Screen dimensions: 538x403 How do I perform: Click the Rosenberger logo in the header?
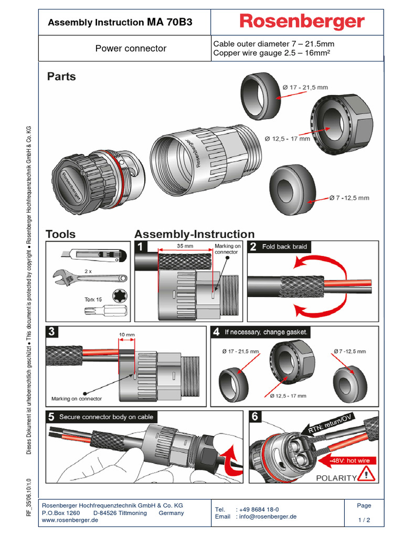(x=302, y=22)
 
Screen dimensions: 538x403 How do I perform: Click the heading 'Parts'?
(x=61, y=77)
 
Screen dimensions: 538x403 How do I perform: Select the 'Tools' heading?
(x=60, y=234)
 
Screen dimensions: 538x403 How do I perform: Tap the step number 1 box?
(x=140, y=247)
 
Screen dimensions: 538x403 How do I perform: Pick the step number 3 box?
(x=51, y=332)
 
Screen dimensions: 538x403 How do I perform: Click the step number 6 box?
(x=255, y=417)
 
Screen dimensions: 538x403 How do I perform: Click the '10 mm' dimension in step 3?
(x=126, y=334)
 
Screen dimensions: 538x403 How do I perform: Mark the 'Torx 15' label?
(x=93, y=299)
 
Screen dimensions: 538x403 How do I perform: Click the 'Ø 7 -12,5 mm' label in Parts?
(x=349, y=198)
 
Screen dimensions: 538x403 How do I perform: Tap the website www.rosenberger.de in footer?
(x=70, y=520)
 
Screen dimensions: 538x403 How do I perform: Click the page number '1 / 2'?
(x=364, y=520)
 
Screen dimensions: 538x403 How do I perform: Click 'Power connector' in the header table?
(x=131, y=48)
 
